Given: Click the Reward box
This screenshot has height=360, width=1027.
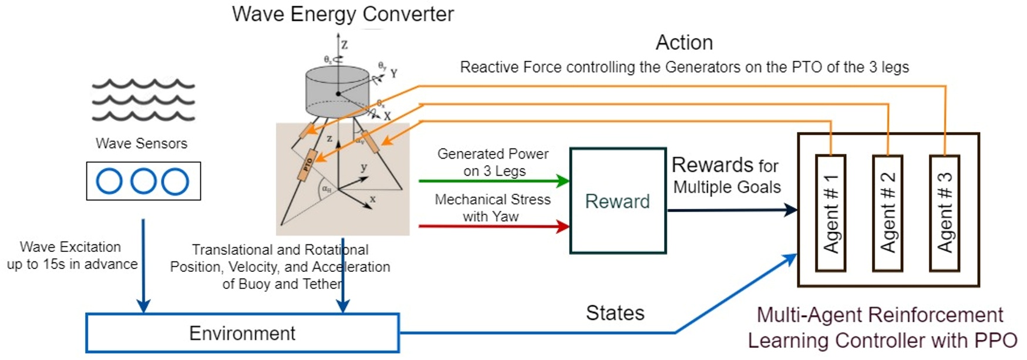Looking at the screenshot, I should click(618, 201).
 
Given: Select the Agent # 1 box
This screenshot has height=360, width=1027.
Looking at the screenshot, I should click(830, 213).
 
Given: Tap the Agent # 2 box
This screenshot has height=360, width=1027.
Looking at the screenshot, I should click(887, 213).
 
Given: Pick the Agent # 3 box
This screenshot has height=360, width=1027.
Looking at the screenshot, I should click(944, 213).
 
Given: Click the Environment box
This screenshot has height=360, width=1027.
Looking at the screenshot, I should click(242, 333).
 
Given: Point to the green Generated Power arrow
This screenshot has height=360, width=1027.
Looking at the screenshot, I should click(493, 181).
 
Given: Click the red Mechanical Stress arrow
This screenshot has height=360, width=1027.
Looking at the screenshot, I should click(493, 226).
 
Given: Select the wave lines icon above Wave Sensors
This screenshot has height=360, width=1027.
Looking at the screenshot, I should click(143, 100).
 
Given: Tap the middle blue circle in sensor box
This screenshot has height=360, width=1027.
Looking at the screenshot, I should click(143, 181).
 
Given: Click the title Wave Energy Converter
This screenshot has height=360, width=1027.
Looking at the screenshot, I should click(342, 14).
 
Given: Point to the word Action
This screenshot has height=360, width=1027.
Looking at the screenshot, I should click(684, 42).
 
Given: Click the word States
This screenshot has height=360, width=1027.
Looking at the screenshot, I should click(615, 313).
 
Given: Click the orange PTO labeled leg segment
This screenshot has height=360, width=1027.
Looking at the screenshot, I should click(307, 165).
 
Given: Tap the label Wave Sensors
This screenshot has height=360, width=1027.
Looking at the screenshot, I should click(142, 143).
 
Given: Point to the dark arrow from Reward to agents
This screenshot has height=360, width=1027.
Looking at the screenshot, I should click(731, 210).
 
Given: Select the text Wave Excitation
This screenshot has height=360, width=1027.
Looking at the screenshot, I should click(70, 247).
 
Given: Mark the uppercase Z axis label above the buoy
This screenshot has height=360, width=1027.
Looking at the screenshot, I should click(345, 44).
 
